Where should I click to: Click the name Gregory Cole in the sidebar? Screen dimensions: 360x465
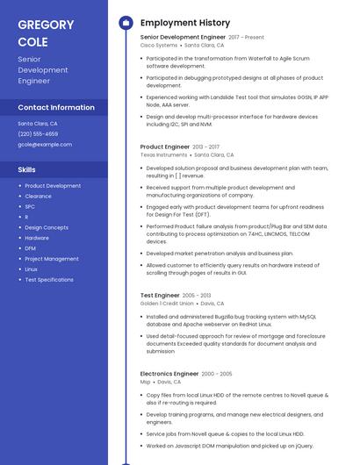[x=46, y=32]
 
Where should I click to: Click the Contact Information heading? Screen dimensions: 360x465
[x=56, y=107]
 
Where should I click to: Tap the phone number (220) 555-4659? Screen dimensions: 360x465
[x=38, y=134]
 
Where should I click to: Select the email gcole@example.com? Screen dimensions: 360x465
[x=45, y=145]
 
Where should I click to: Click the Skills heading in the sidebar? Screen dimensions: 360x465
[x=27, y=169]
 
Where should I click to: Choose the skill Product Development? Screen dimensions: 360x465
[x=53, y=186]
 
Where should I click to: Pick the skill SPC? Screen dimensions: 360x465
[x=30, y=207]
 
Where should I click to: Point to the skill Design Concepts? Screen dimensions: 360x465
[x=47, y=228]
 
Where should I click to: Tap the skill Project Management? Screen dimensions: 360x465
[x=52, y=259]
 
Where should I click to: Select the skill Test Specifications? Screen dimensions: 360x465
[x=49, y=280]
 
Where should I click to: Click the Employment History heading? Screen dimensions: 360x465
[x=185, y=23]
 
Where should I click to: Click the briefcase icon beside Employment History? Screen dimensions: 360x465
[x=126, y=23]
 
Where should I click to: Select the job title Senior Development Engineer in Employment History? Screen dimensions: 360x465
[x=183, y=38]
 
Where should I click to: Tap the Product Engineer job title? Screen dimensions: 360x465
[x=165, y=147]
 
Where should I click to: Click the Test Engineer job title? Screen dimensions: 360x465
[x=160, y=296]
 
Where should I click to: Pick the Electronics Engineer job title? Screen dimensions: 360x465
[x=169, y=374]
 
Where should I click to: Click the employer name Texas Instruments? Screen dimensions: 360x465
[x=164, y=155]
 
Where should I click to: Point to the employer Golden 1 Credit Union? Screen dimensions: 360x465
[x=167, y=304]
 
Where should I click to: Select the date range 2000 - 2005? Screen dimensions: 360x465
[x=217, y=374]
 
